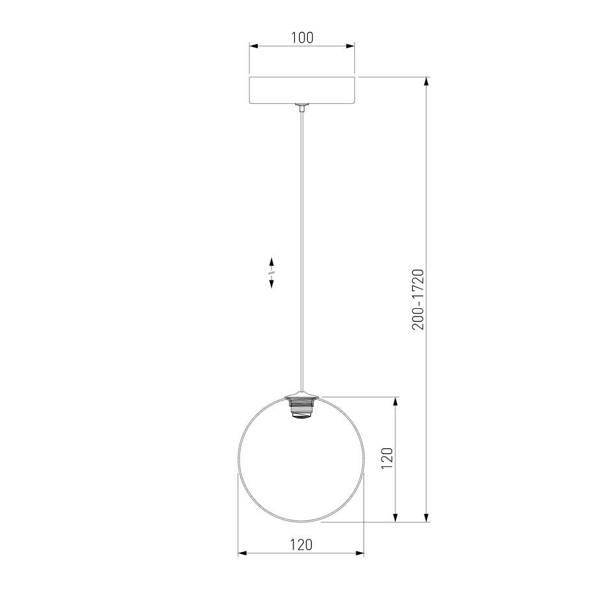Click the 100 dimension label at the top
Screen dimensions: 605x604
coord(302,38)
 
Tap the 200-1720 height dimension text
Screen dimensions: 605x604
coord(418,300)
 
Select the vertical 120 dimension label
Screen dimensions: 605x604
coord(387,458)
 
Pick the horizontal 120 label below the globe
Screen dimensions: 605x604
coord(301,544)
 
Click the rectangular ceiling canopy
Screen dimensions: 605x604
coord(302,91)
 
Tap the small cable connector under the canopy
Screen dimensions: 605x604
coord(302,108)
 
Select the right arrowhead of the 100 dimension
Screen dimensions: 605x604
coord(351,46)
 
